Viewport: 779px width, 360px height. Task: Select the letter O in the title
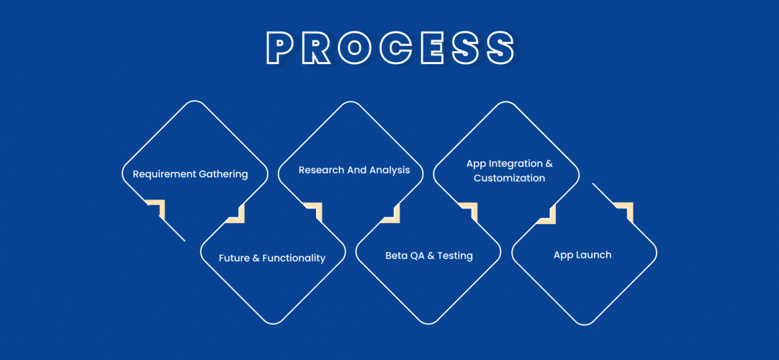[358, 48]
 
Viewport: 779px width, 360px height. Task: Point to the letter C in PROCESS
[395, 48]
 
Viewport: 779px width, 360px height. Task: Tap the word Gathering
[223, 174]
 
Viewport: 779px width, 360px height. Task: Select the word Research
[322, 171]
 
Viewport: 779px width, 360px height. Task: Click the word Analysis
[389, 171]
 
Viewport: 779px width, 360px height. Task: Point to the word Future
[235, 258]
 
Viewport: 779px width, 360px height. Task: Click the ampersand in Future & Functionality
[256, 258]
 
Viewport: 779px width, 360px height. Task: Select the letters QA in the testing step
[418, 256]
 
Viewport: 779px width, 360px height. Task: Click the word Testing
[456, 256]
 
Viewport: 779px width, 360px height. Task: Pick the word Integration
[515, 164]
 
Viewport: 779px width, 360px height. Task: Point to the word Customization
[510, 178]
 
